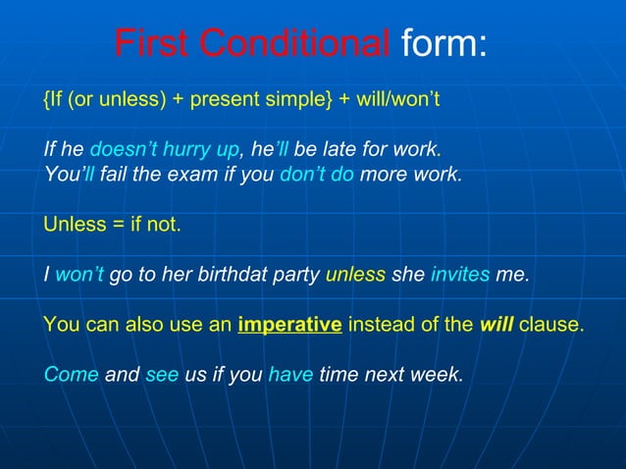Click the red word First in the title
[152, 44]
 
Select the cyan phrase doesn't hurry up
[164, 151]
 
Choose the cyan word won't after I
[79, 275]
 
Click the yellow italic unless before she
[355, 275]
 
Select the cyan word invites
[460, 275]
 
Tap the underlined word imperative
[289, 325]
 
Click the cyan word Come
[71, 374]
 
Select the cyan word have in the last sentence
[289, 374]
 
